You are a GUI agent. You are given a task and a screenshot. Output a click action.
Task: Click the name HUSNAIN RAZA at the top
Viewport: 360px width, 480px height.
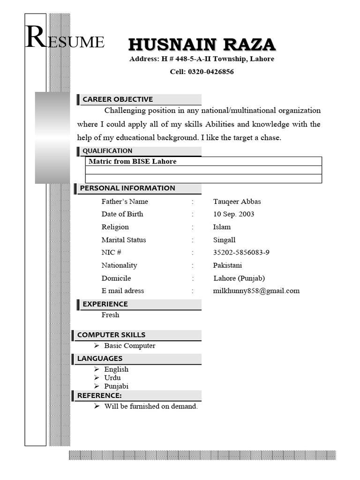(x=202, y=45)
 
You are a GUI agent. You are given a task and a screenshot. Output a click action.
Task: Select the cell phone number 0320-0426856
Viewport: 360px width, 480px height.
(x=210, y=72)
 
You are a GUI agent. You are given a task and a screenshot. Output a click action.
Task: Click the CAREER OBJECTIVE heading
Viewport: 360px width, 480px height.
(x=118, y=99)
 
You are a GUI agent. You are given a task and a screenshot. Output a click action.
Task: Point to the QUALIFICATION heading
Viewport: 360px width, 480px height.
(x=107, y=151)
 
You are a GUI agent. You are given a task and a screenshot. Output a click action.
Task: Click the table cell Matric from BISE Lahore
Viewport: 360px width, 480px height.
(x=133, y=161)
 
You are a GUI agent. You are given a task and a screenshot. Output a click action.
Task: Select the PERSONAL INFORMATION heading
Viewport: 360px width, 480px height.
(x=127, y=188)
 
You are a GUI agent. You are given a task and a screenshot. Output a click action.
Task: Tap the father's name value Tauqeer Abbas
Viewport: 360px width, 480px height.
(x=237, y=202)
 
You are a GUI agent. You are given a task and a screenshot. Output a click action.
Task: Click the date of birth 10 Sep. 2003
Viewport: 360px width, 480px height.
(x=233, y=214)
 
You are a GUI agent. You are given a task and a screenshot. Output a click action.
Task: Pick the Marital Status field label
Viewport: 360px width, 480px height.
(x=124, y=240)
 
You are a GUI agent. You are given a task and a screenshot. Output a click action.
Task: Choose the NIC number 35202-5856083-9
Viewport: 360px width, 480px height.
(x=241, y=253)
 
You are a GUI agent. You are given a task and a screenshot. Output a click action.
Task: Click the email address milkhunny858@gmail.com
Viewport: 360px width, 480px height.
(x=256, y=291)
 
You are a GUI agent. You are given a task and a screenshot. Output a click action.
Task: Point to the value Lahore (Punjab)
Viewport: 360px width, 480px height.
(x=239, y=278)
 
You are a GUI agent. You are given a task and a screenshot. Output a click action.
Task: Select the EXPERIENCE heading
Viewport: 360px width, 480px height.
(x=105, y=304)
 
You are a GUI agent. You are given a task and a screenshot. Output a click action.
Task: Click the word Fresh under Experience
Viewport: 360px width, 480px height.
(x=110, y=315)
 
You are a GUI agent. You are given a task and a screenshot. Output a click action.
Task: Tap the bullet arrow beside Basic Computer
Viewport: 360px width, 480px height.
(x=96, y=345)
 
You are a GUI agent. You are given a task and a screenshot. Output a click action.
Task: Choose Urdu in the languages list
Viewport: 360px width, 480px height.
(x=112, y=378)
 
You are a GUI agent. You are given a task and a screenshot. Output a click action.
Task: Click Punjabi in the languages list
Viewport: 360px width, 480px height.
(x=116, y=386)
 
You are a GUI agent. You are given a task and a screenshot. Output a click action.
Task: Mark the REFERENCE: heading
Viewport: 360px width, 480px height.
(x=99, y=396)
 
